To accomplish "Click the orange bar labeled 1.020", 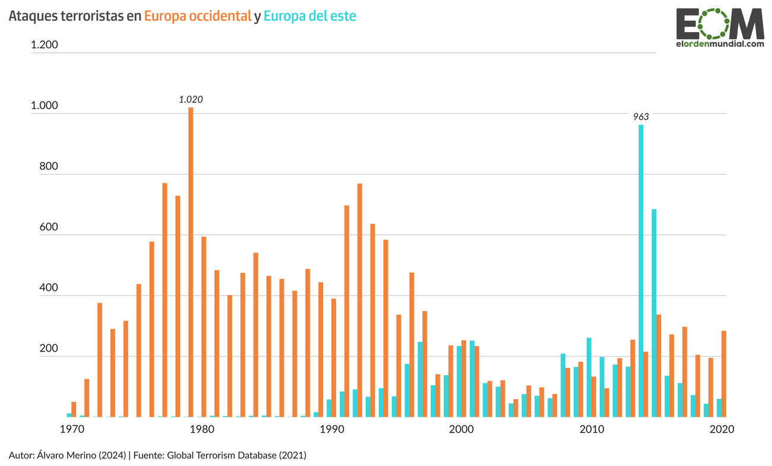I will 191,261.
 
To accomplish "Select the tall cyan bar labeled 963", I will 641,271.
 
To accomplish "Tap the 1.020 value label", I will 191,100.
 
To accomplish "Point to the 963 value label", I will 641,117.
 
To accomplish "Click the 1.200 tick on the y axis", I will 45,45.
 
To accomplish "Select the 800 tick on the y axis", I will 48,166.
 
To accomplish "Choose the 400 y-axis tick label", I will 48,288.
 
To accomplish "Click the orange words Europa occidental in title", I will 198,17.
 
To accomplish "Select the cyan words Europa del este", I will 310,17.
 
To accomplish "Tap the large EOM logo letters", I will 720,24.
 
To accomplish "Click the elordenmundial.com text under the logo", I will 720,44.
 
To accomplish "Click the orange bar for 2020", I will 723,374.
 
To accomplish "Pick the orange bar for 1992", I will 360,300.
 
